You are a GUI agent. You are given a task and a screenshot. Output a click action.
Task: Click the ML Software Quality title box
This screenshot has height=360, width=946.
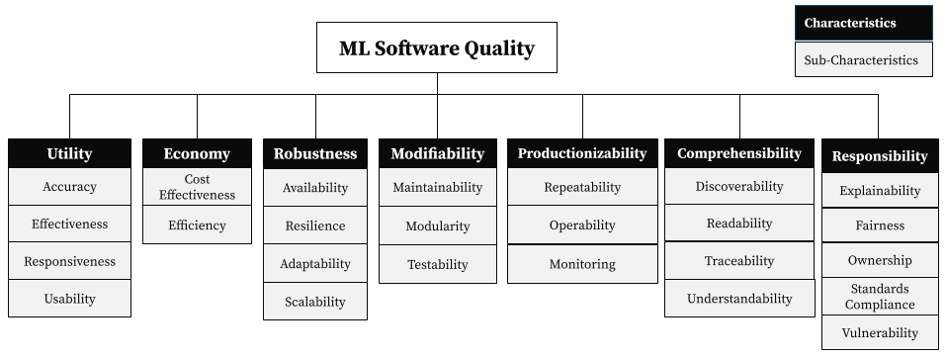click(436, 47)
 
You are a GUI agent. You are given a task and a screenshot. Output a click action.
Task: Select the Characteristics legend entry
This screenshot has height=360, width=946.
click(863, 23)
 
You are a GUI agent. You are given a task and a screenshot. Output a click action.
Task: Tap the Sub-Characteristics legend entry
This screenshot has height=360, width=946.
click(863, 59)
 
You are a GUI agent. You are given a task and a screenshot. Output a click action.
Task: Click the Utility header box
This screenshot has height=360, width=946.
click(69, 153)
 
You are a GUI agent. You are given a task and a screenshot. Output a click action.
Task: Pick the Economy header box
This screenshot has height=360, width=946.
click(197, 153)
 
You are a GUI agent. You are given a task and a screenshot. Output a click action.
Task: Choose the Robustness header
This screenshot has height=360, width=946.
click(315, 153)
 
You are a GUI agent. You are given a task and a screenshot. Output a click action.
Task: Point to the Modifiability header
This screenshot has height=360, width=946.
click(437, 153)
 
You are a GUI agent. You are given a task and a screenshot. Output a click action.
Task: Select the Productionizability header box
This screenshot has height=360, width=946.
click(582, 153)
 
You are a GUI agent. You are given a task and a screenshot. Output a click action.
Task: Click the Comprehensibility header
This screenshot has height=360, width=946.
click(739, 153)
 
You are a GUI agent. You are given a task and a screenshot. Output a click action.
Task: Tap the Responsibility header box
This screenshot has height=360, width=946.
click(879, 156)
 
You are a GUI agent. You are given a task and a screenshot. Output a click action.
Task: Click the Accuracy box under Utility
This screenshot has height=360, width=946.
click(69, 186)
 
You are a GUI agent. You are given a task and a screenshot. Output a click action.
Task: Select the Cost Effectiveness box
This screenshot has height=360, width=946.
click(197, 187)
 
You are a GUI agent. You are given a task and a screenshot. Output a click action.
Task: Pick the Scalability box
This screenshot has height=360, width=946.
click(315, 302)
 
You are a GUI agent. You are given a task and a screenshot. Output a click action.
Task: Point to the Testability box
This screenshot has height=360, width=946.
click(437, 264)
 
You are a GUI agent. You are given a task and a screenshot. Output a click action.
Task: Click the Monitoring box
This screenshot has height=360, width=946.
click(582, 264)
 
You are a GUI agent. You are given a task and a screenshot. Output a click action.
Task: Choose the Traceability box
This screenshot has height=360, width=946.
click(739, 261)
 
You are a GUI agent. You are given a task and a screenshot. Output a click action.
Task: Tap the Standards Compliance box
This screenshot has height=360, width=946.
click(879, 297)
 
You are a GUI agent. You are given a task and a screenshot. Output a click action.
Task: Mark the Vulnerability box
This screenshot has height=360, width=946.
click(879, 332)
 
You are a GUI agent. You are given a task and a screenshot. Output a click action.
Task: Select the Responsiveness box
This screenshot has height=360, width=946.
click(69, 261)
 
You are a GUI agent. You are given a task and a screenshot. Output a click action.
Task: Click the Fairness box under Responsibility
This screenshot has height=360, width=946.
click(879, 225)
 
